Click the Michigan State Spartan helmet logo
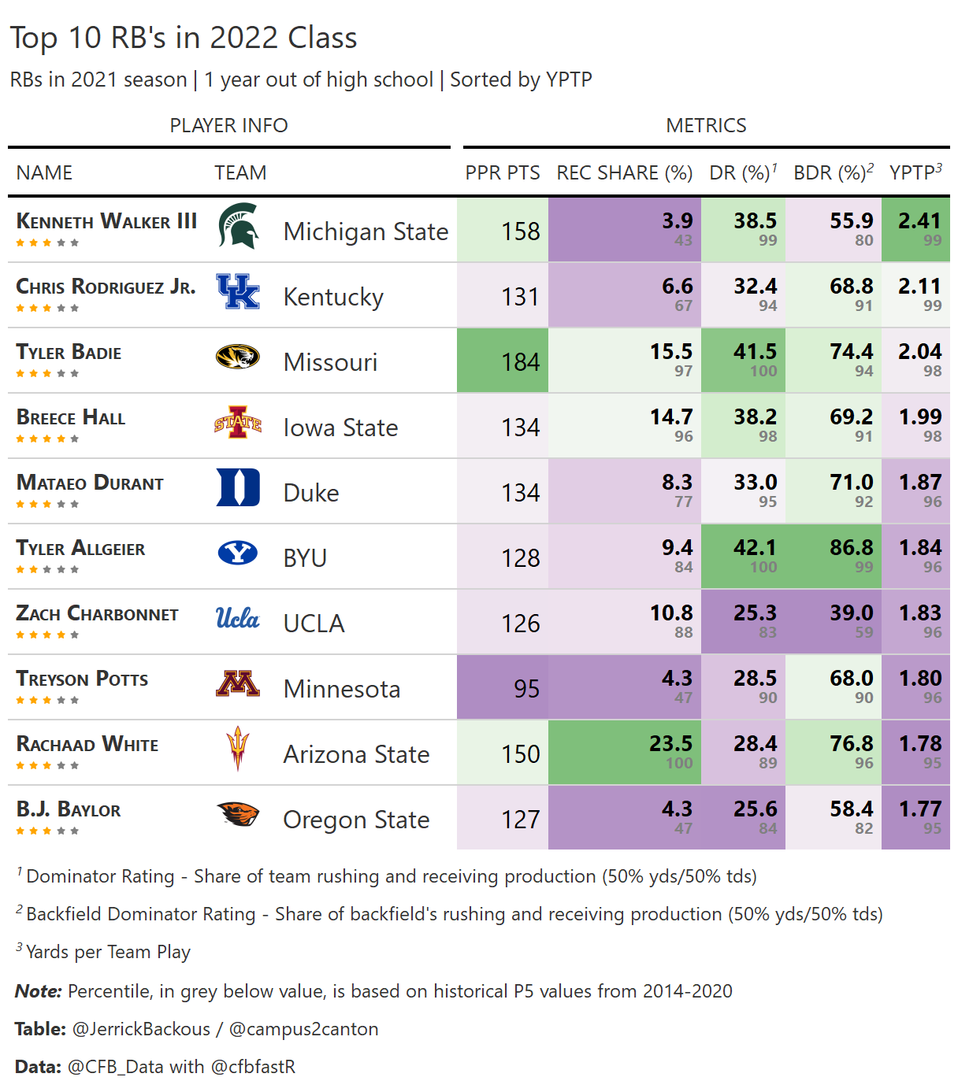click(x=239, y=227)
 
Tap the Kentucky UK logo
click(x=238, y=292)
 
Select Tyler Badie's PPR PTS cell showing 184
click(x=521, y=362)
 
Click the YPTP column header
click(x=915, y=172)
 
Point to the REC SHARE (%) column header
click(x=624, y=172)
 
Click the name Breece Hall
click(x=71, y=418)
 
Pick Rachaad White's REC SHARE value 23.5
click(x=670, y=744)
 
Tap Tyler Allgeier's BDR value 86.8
click(x=851, y=548)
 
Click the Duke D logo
click(x=238, y=487)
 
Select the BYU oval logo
click(x=238, y=553)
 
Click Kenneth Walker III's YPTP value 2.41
click(x=919, y=221)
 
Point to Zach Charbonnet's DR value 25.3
click(x=755, y=613)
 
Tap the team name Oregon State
click(x=356, y=820)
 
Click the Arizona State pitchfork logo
click(x=237, y=748)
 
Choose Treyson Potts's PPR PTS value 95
click(x=526, y=689)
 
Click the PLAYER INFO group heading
click(x=228, y=125)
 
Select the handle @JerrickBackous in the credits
click(x=141, y=1029)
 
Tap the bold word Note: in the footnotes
click(x=38, y=991)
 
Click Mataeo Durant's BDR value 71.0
click(x=851, y=483)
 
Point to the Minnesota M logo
click(x=238, y=683)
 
